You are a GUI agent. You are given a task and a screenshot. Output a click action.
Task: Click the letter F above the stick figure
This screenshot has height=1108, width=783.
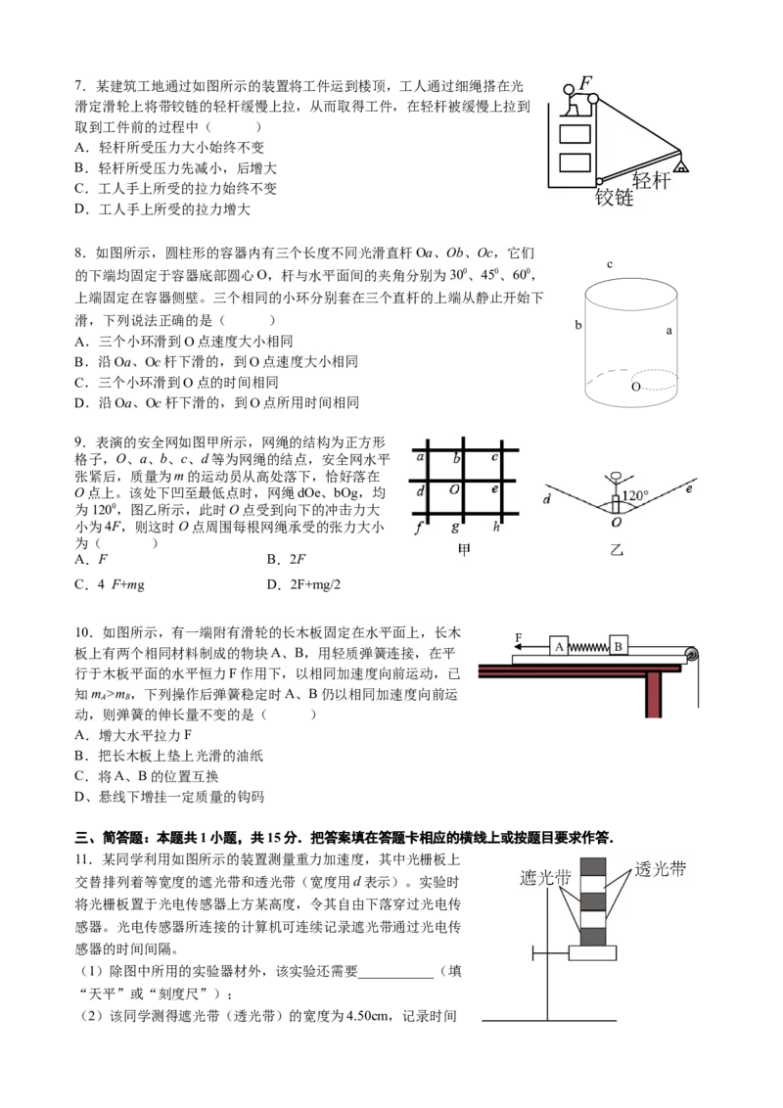click(584, 83)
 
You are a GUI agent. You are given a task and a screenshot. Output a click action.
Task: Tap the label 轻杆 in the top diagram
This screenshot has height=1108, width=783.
click(652, 179)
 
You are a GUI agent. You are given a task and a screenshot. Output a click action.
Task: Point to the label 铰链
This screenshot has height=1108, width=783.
click(615, 197)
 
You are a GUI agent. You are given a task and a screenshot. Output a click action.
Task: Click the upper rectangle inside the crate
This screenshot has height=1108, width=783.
click(575, 134)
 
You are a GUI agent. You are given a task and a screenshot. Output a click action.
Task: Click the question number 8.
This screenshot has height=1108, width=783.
click(79, 253)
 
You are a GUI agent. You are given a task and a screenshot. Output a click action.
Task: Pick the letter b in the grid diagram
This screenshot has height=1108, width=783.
click(456, 457)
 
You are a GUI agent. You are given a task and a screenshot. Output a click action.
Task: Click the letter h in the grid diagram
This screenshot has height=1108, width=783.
click(496, 528)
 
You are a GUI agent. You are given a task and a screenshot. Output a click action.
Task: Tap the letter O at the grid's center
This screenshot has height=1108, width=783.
click(454, 489)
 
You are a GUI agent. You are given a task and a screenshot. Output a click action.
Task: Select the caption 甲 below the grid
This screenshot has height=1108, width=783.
click(464, 550)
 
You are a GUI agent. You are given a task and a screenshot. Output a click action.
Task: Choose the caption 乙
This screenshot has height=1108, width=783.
click(617, 550)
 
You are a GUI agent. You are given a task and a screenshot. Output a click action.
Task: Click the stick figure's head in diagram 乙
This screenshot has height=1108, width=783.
click(615, 477)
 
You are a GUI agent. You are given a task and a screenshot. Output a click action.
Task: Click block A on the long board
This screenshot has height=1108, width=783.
click(558, 647)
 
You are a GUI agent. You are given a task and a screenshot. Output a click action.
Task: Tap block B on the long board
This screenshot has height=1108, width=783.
click(619, 646)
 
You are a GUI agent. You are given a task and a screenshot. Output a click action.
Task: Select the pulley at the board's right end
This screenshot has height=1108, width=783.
click(691, 653)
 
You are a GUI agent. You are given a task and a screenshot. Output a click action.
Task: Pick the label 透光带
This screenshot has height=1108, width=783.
click(660, 868)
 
